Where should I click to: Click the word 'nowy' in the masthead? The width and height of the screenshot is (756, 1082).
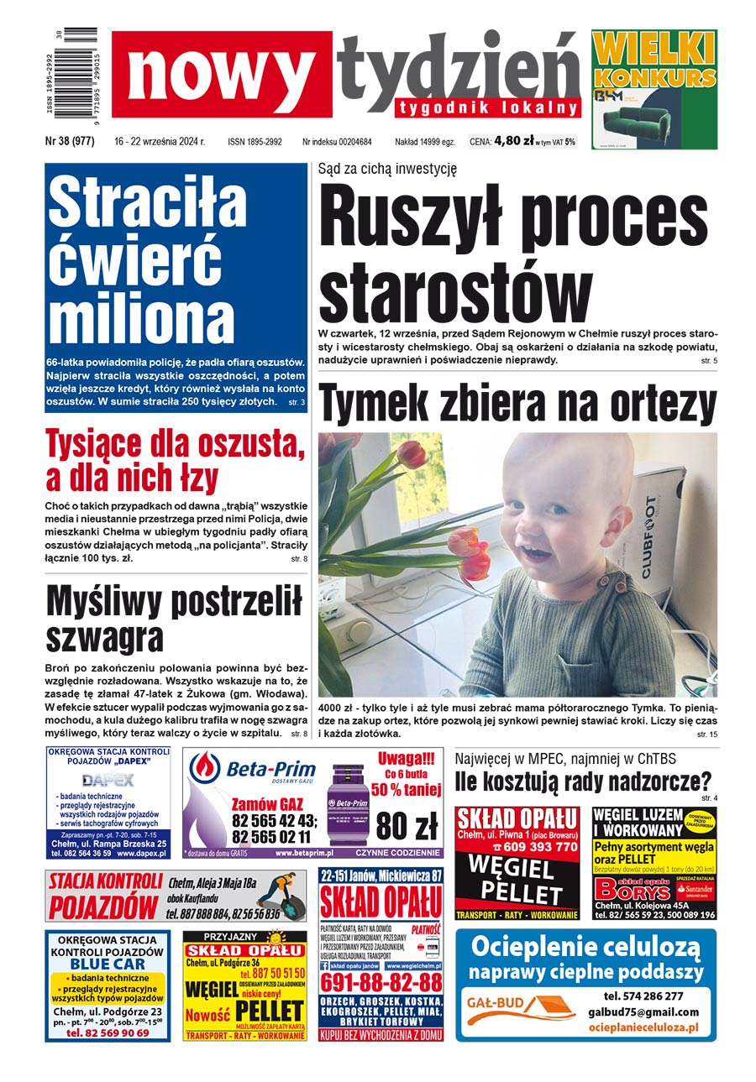coord(221,74)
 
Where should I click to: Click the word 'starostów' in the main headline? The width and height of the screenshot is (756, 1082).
coord(454,292)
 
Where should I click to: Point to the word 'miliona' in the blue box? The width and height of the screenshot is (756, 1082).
coord(129,319)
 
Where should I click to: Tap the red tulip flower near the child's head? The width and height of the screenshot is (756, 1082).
coord(412,455)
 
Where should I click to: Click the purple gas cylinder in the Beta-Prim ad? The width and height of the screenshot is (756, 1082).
coord(344,802)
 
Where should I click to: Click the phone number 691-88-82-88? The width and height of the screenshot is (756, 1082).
coord(381,983)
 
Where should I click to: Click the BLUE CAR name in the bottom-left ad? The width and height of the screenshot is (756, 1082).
coord(108,964)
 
